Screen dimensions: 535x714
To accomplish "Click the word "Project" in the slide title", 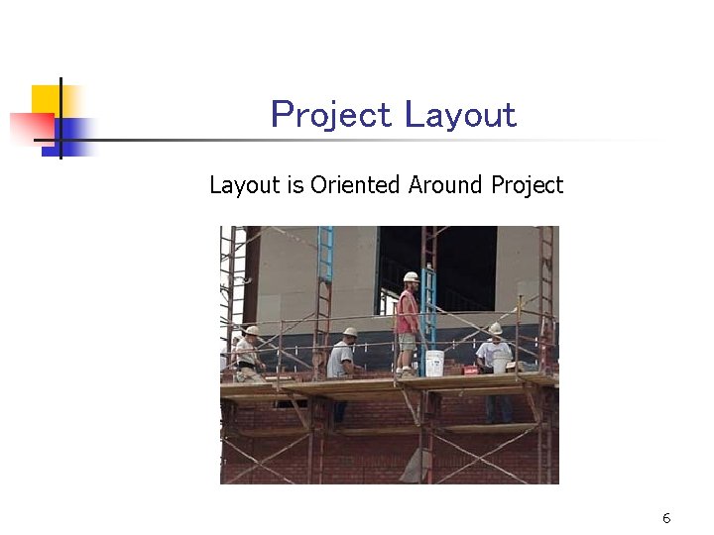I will tap(331, 116).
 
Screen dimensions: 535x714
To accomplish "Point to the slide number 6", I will tap(666, 518).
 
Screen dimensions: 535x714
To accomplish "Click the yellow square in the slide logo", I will tap(46, 99).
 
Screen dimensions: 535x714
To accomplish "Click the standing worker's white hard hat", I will tap(411, 277).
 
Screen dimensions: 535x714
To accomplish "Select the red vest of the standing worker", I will tap(407, 313).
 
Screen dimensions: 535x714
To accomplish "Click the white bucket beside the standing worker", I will tap(434, 363).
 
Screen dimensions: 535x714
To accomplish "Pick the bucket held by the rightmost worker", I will tap(501, 364).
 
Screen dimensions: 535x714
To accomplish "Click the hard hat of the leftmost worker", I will tap(252, 331).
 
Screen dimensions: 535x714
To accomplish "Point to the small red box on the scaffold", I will tap(470, 370).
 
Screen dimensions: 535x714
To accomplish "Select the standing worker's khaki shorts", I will tap(407, 344).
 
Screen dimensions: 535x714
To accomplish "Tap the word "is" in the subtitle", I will tap(296, 185).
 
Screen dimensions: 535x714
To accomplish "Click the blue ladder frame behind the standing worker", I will tap(428, 297).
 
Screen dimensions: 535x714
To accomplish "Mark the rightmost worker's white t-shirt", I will tap(492, 351).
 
